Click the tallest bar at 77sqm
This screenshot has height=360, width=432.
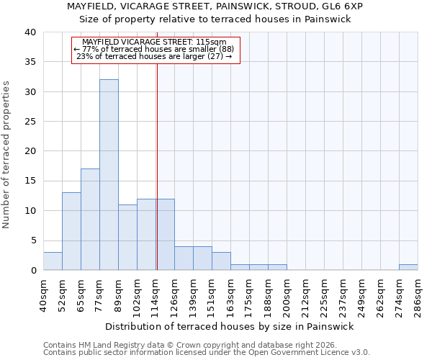click(x=109, y=175)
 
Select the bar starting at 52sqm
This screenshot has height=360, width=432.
click(x=71, y=231)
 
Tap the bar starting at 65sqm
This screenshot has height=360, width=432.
click(x=90, y=220)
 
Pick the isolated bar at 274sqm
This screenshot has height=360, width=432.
click(x=408, y=267)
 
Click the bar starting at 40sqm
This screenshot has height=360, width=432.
click(x=53, y=261)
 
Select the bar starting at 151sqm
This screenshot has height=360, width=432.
click(x=221, y=261)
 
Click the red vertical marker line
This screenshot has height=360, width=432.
click(x=157, y=166)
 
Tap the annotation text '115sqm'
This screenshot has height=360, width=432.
click(x=214, y=42)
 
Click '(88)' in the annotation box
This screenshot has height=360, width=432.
click(x=221, y=49)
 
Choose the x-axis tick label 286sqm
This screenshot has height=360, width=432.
click(x=418, y=294)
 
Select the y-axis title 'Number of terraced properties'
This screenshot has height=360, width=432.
click(x=6, y=154)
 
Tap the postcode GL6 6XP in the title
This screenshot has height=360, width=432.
click(x=342, y=6)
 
